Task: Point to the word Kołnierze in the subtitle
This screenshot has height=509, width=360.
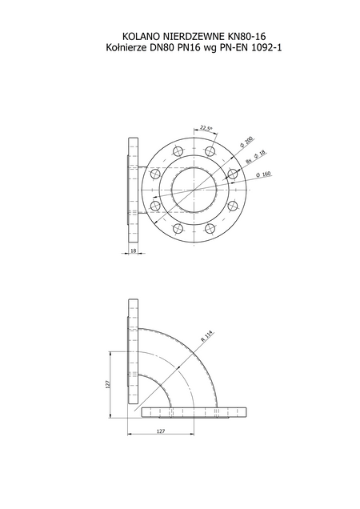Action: pos(126,48)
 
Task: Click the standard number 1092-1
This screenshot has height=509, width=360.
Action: pos(266,48)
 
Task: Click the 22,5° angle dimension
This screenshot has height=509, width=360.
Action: pos(206,128)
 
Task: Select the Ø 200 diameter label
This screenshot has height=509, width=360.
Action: pos(246,142)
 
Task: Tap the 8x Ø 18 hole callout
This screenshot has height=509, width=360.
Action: pos(255,157)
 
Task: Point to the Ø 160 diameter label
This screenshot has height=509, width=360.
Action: pos(263,174)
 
